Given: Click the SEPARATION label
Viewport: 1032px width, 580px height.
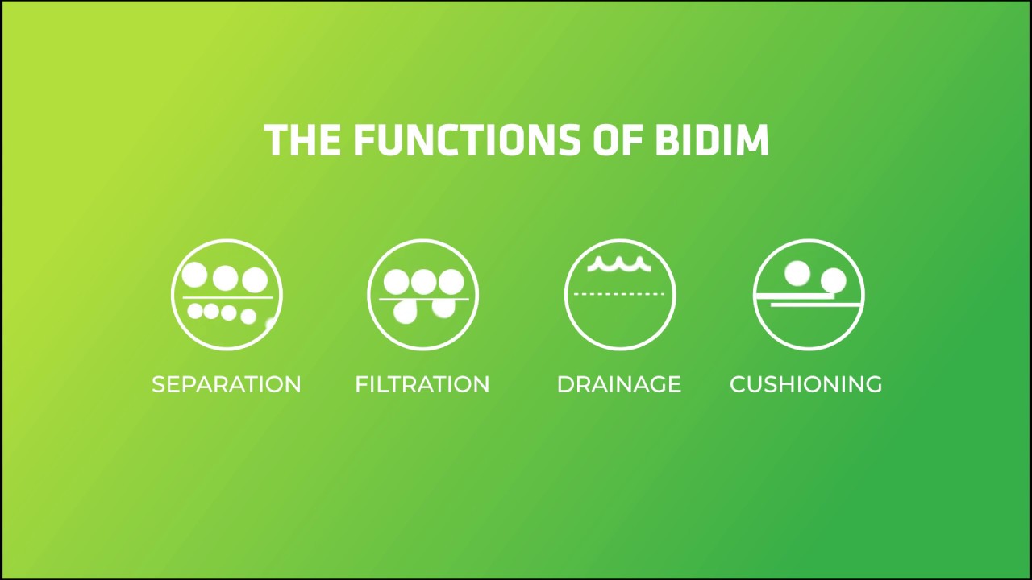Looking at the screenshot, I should [227, 384].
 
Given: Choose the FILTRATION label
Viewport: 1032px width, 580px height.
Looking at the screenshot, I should [422, 384].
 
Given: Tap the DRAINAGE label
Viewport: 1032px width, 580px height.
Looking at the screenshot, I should [619, 384].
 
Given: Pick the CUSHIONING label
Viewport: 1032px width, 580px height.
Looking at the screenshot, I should [805, 384].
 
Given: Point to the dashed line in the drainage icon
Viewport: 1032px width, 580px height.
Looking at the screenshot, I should [619, 295].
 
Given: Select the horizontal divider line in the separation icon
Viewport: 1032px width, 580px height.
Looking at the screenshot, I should [227, 298].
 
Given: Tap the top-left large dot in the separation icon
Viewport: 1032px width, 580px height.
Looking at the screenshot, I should [195, 276].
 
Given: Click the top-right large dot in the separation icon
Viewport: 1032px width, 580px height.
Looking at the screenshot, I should [256, 280].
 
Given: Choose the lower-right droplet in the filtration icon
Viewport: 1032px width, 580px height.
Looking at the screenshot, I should [443, 307].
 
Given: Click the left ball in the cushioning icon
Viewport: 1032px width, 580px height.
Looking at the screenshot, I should [797, 274].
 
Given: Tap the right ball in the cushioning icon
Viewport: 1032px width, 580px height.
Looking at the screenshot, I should [834, 281].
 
